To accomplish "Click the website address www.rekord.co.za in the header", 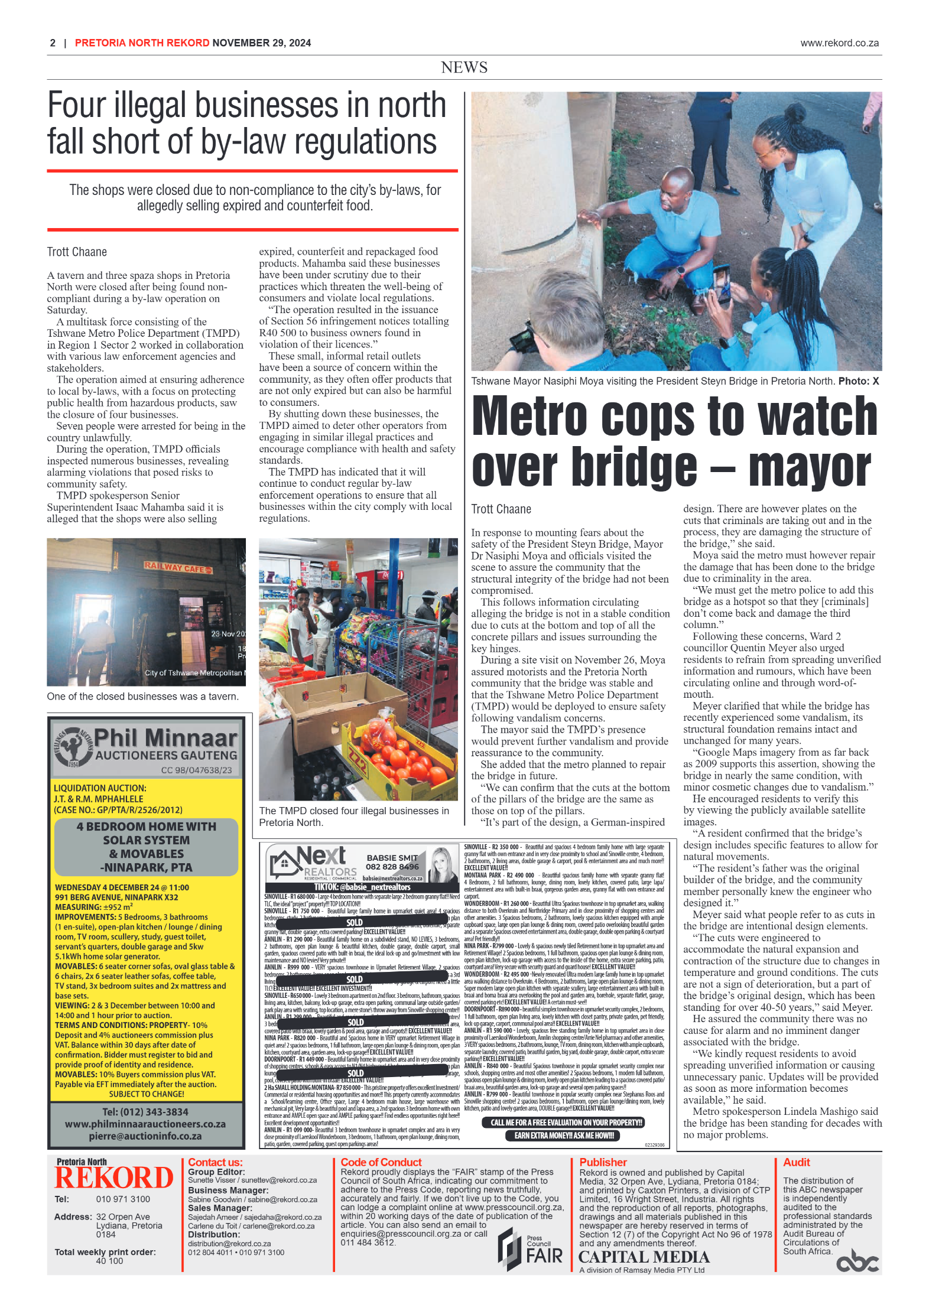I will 839,43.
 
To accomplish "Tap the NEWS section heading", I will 464,67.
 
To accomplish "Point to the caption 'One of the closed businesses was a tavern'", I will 143,697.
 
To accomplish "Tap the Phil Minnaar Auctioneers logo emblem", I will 72,746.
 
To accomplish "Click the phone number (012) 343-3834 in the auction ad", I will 145,1112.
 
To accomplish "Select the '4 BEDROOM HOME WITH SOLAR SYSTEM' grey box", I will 146,847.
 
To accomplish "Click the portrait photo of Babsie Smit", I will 442,864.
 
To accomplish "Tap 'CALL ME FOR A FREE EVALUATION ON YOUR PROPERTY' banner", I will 566,1123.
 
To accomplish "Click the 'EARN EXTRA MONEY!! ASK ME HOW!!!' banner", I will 564,1136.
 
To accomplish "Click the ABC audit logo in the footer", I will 857,1262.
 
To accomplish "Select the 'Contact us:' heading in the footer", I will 215,1162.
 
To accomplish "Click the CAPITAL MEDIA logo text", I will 644,1257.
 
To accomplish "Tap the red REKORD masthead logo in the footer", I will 113,1178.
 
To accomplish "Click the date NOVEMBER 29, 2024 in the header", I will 261,43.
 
